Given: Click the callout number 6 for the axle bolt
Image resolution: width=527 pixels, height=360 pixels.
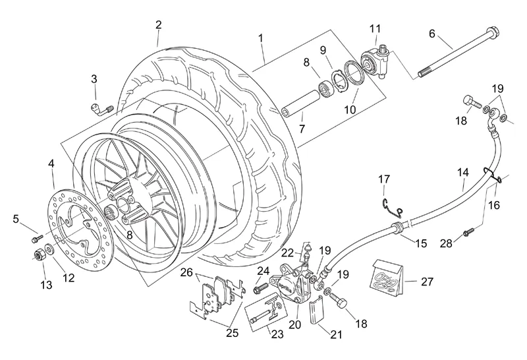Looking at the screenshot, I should [x=432, y=32].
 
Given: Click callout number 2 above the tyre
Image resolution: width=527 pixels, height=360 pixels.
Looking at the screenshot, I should [x=158, y=24].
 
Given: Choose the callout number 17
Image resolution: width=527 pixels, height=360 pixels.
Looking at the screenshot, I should [x=385, y=179].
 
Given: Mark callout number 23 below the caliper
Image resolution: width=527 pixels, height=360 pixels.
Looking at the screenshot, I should [x=277, y=334].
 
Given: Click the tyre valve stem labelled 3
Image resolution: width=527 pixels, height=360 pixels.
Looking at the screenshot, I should [x=101, y=107].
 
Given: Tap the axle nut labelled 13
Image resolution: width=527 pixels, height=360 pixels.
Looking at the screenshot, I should [x=38, y=253].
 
